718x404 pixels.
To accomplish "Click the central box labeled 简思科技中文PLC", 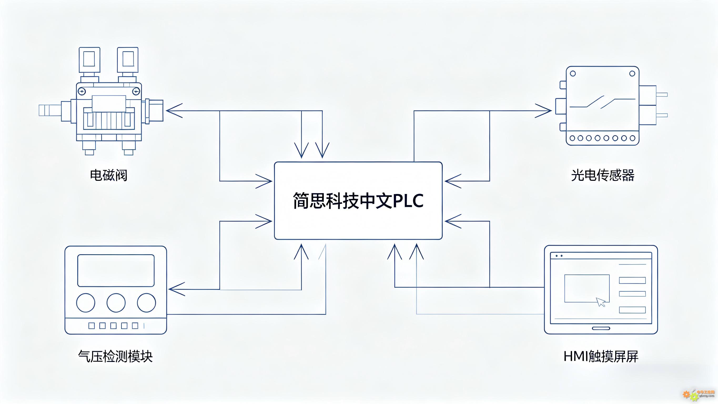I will [x=358, y=201].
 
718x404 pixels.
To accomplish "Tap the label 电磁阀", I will [x=108, y=175].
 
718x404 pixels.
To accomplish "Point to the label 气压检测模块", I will [x=115, y=356].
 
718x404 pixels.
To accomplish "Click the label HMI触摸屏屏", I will [x=601, y=356].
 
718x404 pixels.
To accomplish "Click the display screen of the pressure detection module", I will [x=116, y=270].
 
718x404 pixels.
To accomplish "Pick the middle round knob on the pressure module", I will [x=116, y=303].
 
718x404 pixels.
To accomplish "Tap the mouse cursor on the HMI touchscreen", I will [x=601, y=302].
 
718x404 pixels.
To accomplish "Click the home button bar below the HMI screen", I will [x=601, y=328].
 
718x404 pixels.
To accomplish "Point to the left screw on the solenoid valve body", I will [x=82, y=91].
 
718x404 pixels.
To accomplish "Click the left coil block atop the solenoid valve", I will [x=89, y=59].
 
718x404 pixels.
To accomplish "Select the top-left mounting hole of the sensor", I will [x=573, y=74].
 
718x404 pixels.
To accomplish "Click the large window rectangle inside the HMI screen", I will [x=587, y=288].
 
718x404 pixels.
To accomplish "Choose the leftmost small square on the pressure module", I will [x=92, y=326].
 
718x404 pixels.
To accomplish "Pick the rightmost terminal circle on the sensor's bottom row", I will [x=633, y=138].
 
